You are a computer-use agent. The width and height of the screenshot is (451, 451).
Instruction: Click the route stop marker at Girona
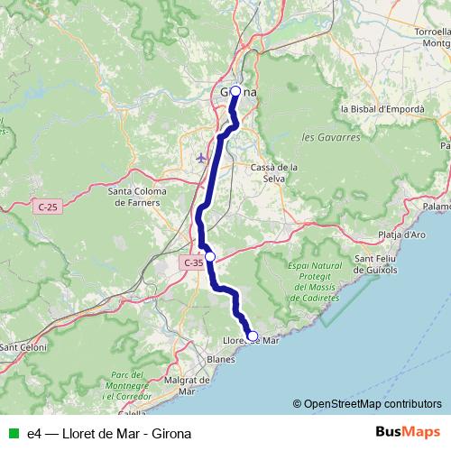[x=235, y=91]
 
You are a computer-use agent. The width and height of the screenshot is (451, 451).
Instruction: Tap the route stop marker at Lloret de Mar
[x=252, y=336]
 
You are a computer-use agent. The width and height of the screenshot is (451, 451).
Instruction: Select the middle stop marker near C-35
[x=210, y=257]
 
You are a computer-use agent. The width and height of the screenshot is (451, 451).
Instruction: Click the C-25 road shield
[x=49, y=207]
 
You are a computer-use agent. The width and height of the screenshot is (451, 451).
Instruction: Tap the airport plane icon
[x=200, y=158]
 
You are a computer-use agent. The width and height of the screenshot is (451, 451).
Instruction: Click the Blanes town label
[x=220, y=358]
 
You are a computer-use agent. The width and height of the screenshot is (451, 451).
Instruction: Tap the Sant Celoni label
[x=22, y=347]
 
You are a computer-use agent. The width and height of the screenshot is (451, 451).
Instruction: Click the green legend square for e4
[x=13, y=433]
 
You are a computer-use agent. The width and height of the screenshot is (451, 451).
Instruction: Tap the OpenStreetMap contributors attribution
[x=367, y=403]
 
